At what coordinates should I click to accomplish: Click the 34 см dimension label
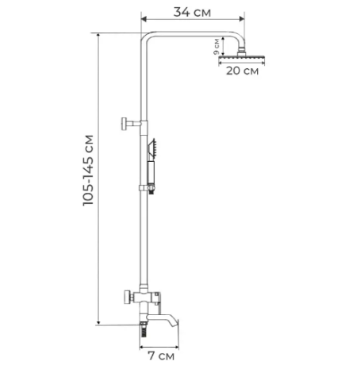pyautogui.click(x=192, y=12)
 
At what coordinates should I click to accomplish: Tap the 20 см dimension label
pyautogui.click(x=243, y=71)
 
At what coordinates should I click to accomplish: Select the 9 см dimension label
pyautogui.click(x=216, y=47)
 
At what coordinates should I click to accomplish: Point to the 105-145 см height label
pyautogui.click(x=88, y=171)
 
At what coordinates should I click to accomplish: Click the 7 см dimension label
pyautogui.click(x=161, y=355)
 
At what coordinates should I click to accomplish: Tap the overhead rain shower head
pyautogui.click(x=242, y=57)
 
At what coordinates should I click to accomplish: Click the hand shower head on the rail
pyautogui.click(x=152, y=148)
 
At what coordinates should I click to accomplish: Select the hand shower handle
pyautogui.click(x=151, y=172)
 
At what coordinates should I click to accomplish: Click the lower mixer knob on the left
pyautogui.click(x=128, y=298)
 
